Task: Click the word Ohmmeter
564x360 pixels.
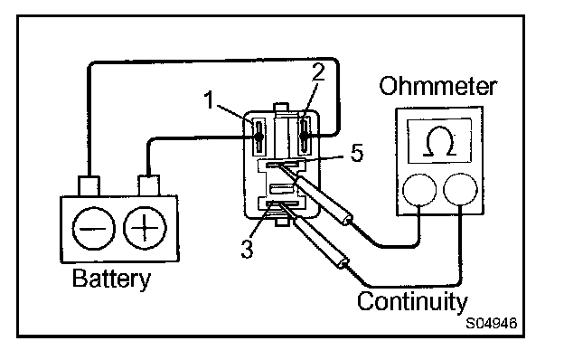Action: [x=438, y=86]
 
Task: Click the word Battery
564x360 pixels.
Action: [x=111, y=279]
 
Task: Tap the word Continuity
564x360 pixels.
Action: [x=412, y=301]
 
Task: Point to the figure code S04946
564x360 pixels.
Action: [x=492, y=323]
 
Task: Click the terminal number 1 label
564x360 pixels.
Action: [x=210, y=99]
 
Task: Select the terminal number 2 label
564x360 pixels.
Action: [x=318, y=72]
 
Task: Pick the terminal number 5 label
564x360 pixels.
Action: [x=356, y=153]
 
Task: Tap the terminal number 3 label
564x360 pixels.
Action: [x=247, y=249]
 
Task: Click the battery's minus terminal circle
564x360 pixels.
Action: [x=93, y=228]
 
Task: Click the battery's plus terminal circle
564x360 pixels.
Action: [x=145, y=228]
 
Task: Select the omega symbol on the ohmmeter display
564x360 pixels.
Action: [x=439, y=141]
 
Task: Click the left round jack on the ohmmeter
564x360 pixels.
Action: [x=419, y=190]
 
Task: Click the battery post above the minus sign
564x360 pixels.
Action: [x=89, y=186]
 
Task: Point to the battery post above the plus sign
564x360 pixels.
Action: [x=148, y=185]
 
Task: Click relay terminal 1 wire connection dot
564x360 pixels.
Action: [x=258, y=137]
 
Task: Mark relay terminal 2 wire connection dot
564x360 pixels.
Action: [x=305, y=136]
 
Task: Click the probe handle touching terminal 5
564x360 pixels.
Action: [x=324, y=200]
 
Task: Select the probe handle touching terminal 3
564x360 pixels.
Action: [x=321, y=242]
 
